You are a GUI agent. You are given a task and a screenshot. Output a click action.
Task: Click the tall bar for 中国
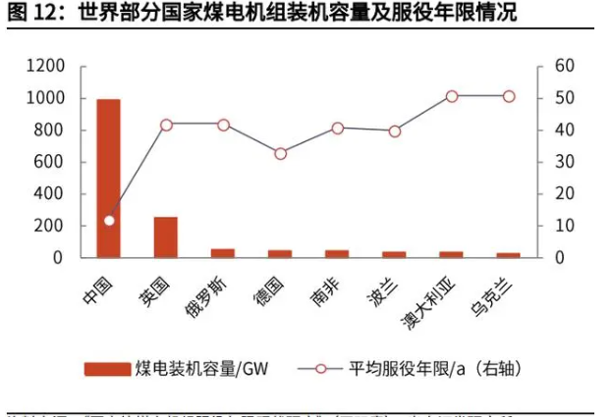[x=108, y=178]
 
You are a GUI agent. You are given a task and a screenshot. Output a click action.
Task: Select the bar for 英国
[x=166, y=236]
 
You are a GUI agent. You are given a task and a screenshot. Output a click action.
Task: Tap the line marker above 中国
[x=109, y=220]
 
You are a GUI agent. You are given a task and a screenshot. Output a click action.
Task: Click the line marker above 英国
[x=166, y=125]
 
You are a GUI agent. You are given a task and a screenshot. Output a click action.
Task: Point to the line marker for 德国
[x=280, y=153]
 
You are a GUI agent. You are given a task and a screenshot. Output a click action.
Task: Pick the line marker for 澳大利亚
[x=451, y=96]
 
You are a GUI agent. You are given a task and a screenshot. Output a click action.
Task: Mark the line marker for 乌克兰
[x=508, y=96]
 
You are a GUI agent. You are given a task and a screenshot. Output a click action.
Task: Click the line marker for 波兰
[x=394, y=131]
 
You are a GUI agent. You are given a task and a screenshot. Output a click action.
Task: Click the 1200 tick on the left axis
[x=46, y=66]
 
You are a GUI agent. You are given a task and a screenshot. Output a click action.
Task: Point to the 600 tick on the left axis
[x=51, y=162]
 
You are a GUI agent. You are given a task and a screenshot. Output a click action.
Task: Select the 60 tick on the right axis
[x=564, y=66]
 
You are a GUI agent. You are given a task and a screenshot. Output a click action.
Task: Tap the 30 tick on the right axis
[x=564, y=162]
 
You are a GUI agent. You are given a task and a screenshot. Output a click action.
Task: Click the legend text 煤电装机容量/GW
[x=203, y=369]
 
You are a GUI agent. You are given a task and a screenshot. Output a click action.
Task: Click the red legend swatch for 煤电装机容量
[x=107, y=369]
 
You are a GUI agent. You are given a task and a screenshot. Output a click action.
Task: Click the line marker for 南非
[x=337, y=128]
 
